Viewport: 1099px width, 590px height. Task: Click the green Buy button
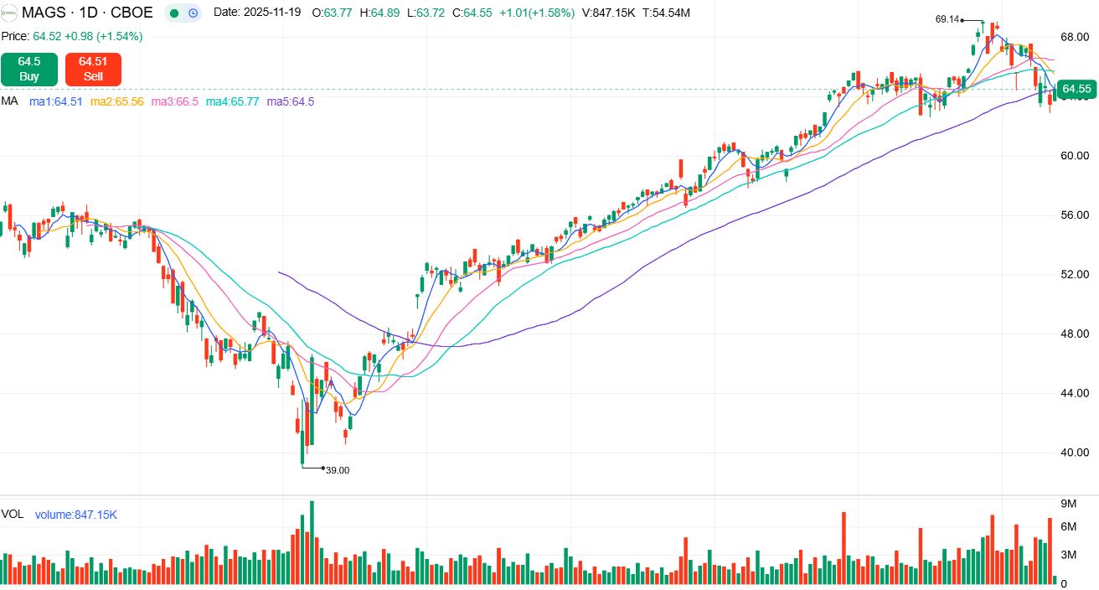[x=29, y=69]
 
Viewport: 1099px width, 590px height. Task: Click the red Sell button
[x=93, y=69]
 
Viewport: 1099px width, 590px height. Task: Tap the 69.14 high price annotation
[x=947, y=19]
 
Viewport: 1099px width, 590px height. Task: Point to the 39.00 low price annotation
[x=338, y=470]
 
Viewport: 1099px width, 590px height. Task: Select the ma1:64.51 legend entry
[x=56, y=101]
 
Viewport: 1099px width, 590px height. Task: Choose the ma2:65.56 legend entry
[x=116, y=101]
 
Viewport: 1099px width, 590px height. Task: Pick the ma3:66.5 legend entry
[x=174, y=101]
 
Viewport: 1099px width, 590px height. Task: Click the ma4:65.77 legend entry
[x=232, y=101]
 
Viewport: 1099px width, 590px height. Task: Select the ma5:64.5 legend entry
[x=291, y=101]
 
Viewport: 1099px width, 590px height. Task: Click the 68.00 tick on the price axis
[x=1074, y=38]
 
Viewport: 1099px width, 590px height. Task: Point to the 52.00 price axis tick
[x=1074, y=275]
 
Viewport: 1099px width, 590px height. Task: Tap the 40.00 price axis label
[x=1074, y=453]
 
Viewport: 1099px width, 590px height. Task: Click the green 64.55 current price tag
[x=1076, y=89]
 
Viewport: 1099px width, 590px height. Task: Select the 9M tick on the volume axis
[x=1068, y=504]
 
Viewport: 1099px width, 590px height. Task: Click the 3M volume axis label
[x=1068, y=555]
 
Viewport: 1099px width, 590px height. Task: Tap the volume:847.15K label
[x=75, y=515]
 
